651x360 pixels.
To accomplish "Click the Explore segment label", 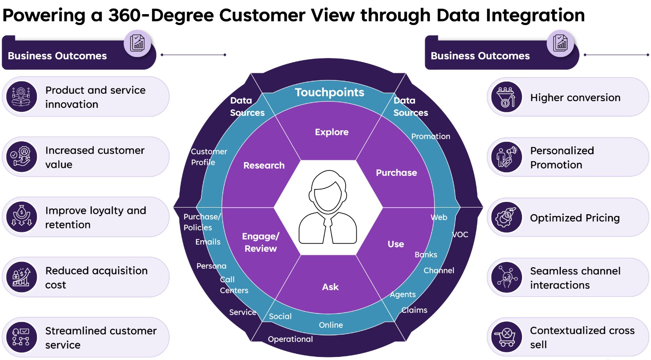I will point(331,132).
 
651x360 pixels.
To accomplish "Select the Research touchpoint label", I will point(264,166).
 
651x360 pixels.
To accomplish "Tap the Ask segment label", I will point(330,287).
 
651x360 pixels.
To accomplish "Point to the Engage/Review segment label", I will point(261,243).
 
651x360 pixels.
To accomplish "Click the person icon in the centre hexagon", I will point(327,208).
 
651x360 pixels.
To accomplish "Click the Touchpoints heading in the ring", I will point(329,92).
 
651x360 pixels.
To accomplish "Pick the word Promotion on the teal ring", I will point(430,136).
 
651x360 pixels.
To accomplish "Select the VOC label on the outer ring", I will point(460,235).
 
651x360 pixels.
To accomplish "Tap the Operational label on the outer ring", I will point(290,339).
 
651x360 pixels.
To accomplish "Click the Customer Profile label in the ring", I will point(209,157).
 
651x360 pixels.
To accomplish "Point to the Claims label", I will point(414,310).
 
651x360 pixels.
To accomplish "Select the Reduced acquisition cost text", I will point(96,277).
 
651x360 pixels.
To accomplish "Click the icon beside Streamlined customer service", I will point(21,337).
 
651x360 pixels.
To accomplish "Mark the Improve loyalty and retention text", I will point(95,217).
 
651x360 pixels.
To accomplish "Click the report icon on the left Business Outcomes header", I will point(137,43).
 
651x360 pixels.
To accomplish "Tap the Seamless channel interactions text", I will point(575,278).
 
